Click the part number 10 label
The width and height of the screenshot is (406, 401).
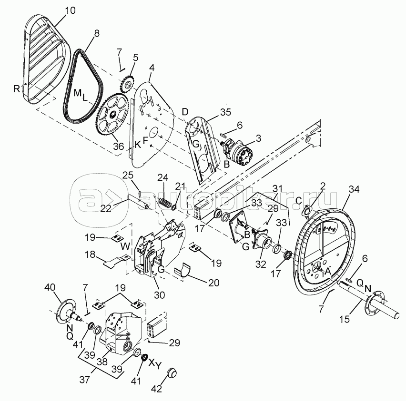70,11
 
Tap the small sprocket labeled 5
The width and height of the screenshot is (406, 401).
127,84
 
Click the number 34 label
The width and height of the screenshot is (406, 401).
354,189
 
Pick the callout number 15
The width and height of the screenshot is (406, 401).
345,319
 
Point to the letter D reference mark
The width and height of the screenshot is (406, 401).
185,112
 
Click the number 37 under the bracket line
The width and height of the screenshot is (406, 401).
84,380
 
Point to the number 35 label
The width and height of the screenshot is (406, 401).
225,112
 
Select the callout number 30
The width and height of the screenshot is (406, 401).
160,295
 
